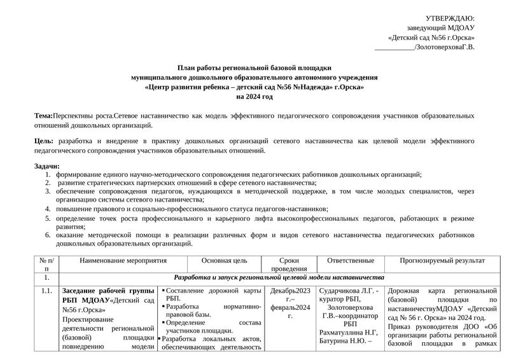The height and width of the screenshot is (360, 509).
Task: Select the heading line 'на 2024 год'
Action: tap(254, 97)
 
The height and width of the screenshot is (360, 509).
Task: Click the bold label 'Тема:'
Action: tap(44, 116)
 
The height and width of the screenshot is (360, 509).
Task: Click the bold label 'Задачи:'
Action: tap(47, 165)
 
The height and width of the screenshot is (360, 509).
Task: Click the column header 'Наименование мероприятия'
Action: tap(123, 261)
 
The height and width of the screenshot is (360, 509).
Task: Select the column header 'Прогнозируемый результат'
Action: tap(442, 261)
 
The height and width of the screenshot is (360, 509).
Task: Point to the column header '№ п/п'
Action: tap(46, 265)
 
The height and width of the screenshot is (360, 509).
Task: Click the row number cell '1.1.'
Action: tap(46, 291)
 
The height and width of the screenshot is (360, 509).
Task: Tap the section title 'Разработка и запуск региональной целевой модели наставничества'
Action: tap(279, 278)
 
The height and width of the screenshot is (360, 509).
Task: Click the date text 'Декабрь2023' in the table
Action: tap(290, 291)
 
